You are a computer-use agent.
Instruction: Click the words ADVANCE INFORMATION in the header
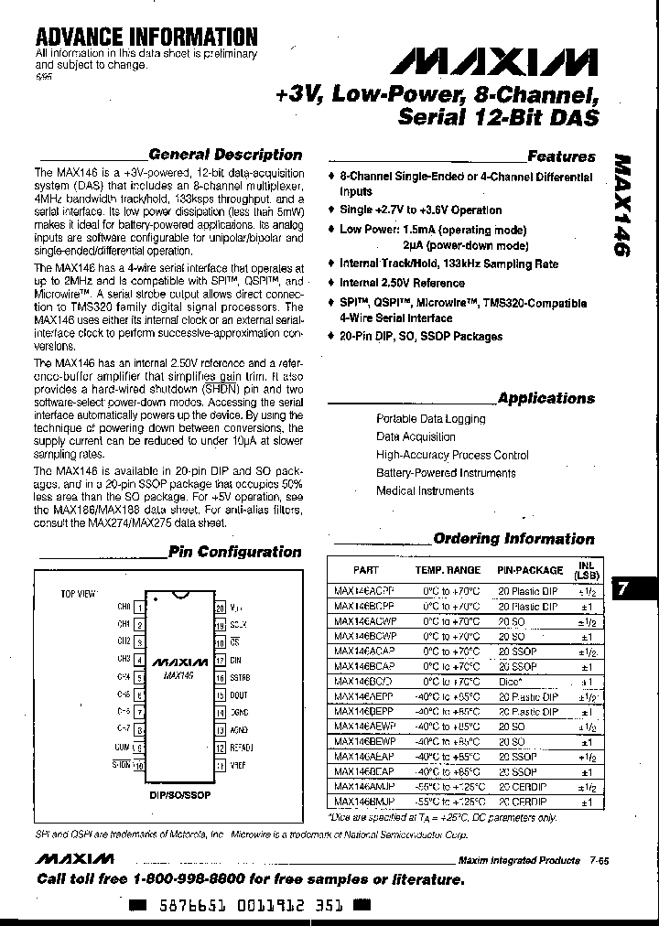click(x=146, y=37)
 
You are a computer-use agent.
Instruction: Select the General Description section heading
click(x=224, y=155)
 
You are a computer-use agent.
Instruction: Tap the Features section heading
click(x=561, y=156)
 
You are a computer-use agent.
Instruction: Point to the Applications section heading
click(x=546, y=398)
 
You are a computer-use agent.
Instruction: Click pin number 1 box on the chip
click(x=139, y=607)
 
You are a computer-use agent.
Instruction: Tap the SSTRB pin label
click(x=241, y=677)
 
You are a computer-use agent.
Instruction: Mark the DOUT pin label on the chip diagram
click(x=239, y=694)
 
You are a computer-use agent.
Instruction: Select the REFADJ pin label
click(x=242, y=747)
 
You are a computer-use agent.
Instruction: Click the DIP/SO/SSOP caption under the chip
click(x=179, y=795)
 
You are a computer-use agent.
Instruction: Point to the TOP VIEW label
click(x=78, y=594)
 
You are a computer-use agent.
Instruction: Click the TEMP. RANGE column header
click(x=447, y=569)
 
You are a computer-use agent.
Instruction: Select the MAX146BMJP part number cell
click(x=364, y=802)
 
